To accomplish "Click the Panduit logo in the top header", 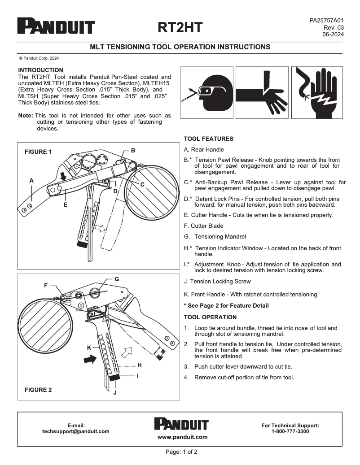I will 56,26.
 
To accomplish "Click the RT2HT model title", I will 180,28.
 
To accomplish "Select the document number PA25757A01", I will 326,21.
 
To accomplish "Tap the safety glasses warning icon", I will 206,92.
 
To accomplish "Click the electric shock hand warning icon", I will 317,92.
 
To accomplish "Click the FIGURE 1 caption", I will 38,152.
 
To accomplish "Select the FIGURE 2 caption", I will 38,390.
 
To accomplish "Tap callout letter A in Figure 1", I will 31,180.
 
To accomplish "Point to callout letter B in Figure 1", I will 133,150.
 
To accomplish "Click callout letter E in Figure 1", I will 65,204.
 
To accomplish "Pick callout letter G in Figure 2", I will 117,279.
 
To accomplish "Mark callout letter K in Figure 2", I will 89,348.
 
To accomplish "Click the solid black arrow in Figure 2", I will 90,359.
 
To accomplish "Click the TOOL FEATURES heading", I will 208,139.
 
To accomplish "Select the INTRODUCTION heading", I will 40,70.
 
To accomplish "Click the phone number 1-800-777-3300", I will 290,431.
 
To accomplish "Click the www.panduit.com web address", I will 182,437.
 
